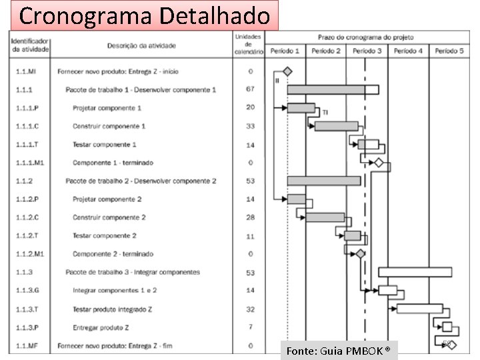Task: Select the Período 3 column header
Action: (x=367, y=51)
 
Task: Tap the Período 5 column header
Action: (x=449, y=51)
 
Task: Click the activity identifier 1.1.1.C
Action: (x=27, y=126)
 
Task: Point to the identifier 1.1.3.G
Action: (x=28, y=290)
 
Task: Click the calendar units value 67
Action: (x=250, y=89)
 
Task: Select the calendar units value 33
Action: (x=250, y=126)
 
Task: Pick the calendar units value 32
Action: (x=250, y=309)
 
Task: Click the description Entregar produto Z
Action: (x=101, y=327)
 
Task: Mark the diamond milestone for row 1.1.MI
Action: (x=287, y=71)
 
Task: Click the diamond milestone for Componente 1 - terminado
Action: (x=379, y=163)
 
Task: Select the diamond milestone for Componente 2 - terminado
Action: (x=361, y=253)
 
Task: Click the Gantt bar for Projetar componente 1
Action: (x=301, y=107)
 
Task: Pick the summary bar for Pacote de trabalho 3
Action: (x=415, y=272)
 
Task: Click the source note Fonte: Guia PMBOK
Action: (x=338, y=351)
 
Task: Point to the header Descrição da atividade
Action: (x=141, y=46)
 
